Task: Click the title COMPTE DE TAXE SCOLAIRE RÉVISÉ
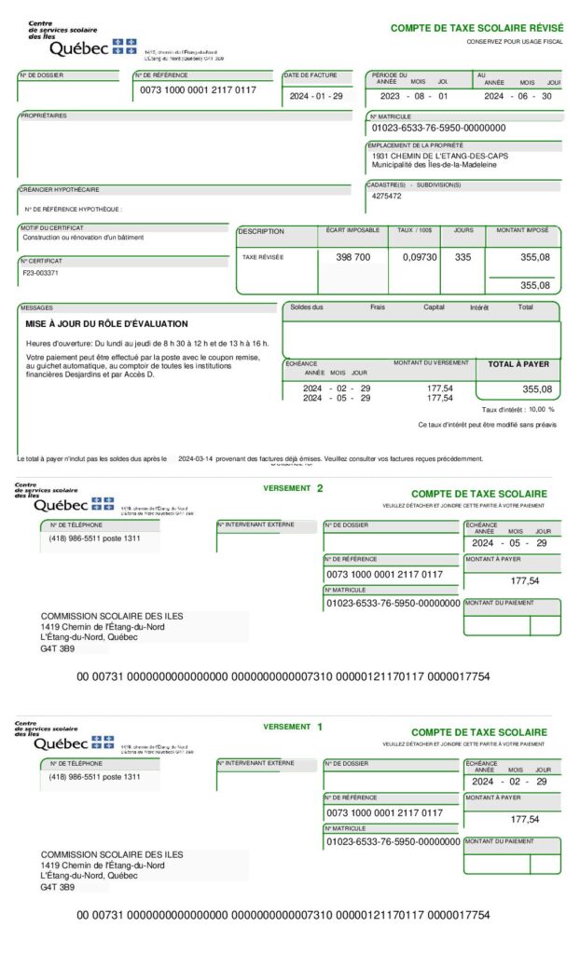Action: pyautogui.click(x=470, y=29)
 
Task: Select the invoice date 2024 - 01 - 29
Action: pyautogui.click(x=315, y=96)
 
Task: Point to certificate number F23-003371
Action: pyautogui.click(x=40, y=273)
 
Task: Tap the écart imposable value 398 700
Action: pyautogui.click(x=352, y=257)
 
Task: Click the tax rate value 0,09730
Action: pyautogui.click(x=420, y=257)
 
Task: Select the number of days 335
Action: pyautogui.click(x=463, y=257)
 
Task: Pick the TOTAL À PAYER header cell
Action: pyautogui.click(x=518, y=364)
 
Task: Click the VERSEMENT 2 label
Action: pyautogui.click(x=294, y=487)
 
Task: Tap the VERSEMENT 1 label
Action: pyautogui.click(x=293, y=726)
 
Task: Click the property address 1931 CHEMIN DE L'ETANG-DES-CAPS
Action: pyautogui.click(x=440, y=156)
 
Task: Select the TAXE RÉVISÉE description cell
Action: pyautogui.click(x=263, y=257)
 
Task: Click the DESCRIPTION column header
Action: pyautogui.click(x=261, y=231)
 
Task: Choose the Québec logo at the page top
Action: pyautogui.click(x=84, y=47)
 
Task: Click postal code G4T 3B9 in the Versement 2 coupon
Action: pyautogui.click(x=58, y=648)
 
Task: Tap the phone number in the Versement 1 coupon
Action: pyautogui.click(x=94, y=776)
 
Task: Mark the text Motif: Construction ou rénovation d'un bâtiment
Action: pyautogui.click(x=83, y=238)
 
